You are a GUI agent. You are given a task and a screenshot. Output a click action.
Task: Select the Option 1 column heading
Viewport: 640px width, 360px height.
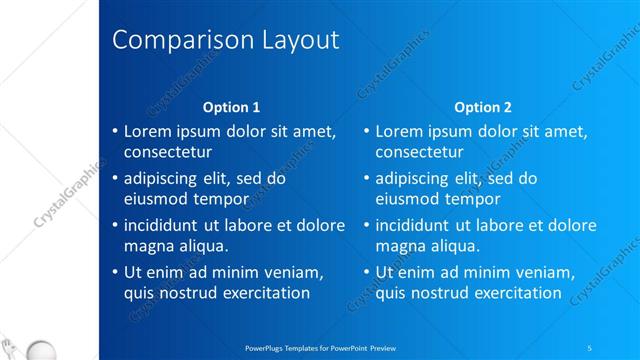[x=231, y=107]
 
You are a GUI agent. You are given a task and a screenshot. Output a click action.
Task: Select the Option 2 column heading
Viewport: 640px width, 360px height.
[x=482, y=107]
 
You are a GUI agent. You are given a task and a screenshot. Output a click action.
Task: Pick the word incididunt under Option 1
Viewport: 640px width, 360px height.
[x=166, y=225]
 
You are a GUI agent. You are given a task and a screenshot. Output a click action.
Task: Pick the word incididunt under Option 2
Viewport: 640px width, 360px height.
[x=417, y=225]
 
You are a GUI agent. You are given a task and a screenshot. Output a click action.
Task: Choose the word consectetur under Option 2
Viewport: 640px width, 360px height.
[x=419, y=152]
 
